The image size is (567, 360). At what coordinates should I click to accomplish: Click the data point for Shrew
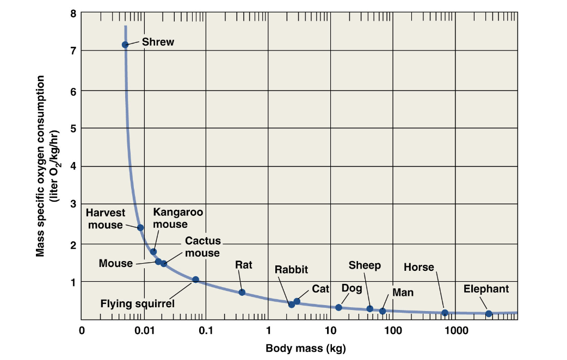[x=125, y=45]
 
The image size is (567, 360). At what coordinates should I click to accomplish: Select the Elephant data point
[x=489, y=314]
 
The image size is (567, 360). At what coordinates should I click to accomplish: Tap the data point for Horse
[x=445, y=313]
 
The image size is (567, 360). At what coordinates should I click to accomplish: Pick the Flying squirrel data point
[x=196, y=280]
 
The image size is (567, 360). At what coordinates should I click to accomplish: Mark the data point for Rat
[x=242, y=293]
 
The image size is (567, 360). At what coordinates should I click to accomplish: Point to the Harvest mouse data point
[x=140, y=227]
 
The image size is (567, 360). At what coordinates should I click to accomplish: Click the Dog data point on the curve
[x=338, y=307]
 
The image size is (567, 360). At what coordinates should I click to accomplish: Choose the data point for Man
[x=383, y=311]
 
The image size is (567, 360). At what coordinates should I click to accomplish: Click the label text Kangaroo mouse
[x=171, y=218]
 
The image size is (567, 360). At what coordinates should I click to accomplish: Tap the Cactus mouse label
[x=202, y=247]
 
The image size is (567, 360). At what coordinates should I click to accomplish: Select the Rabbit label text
[x=291, y=269]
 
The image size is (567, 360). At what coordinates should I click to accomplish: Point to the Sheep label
[x=365, y=265]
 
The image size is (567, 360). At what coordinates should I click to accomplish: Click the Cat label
[x=320, y=289]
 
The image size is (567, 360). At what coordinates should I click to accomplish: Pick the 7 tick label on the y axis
[x=73, y=51]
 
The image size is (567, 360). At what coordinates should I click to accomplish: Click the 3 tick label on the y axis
[x=73, y=204]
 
